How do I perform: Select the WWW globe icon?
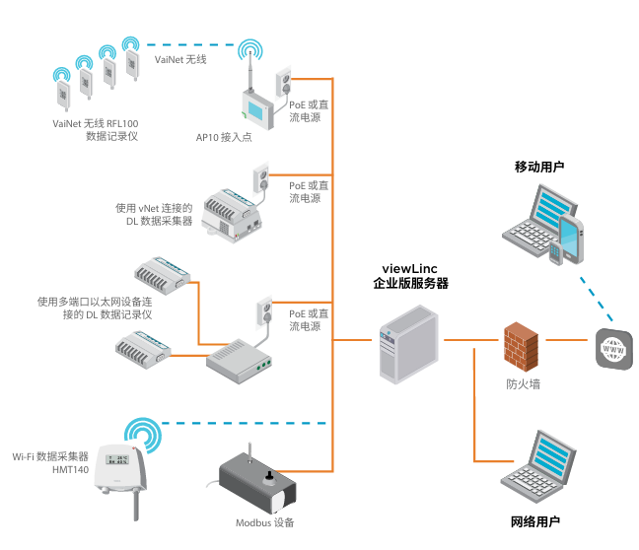coord(612,349)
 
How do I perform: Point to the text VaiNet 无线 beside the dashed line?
coord(180,60)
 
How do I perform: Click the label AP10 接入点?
coord(224,137)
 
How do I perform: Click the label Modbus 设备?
coord(264,522)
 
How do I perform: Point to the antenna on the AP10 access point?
coord(251,73)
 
